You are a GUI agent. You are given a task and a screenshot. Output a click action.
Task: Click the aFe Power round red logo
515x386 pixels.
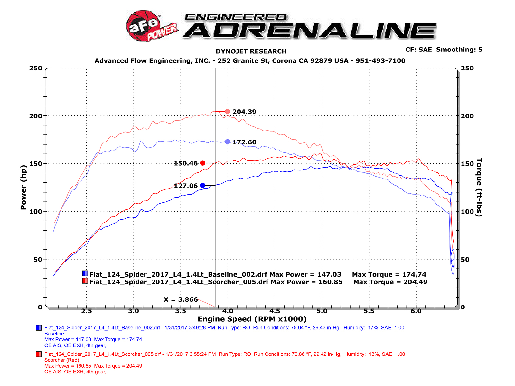point(144,26)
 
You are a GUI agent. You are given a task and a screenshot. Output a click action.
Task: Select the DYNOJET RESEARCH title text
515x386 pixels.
point(251,51)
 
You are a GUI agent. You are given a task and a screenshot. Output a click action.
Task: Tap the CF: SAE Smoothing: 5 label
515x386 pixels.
point(444,50)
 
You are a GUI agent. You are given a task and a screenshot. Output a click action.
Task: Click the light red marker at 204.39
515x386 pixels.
point(228,112)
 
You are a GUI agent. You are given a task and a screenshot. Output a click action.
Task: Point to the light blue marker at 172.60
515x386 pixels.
point(228,142)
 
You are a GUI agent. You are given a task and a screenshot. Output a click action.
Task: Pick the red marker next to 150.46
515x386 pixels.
point(202,163)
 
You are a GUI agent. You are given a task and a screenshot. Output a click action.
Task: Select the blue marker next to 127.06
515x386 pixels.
point(202,185)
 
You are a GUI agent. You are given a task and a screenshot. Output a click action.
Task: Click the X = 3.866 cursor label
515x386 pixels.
point(181,299)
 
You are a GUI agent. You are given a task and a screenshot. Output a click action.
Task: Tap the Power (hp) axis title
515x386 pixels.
point(23,188)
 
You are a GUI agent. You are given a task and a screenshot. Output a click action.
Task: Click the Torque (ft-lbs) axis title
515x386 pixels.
point(479,187)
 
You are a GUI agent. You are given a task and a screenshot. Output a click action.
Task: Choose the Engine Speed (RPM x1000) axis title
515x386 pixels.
point(252,319)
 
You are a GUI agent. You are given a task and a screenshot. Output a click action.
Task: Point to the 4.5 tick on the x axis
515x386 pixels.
point(275,311)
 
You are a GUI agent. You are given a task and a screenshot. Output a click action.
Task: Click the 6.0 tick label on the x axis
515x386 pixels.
point(416,311)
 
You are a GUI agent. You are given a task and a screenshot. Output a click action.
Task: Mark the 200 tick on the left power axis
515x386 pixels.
point(35,116)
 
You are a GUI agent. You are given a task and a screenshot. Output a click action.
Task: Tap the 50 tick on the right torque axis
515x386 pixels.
point(465,259)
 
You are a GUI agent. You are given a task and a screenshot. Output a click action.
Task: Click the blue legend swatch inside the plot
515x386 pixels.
point(85,273)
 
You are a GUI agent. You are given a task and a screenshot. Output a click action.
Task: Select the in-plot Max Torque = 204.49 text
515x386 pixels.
point(390,282)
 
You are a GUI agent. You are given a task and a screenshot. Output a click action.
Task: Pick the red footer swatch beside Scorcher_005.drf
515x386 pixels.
point(39,354)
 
